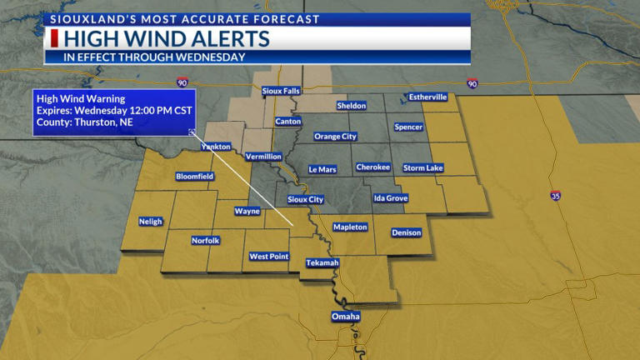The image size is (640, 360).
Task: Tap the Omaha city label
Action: (x=345, y=317)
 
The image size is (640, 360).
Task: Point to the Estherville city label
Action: (x=427, y=97)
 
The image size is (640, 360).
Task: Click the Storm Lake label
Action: (x=422, y=167)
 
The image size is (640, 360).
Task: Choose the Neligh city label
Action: (x=151, y=221)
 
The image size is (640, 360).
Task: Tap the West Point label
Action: (x=268, y=256)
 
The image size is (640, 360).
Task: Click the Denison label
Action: (x=406, y=232)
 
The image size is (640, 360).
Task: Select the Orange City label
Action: (x=335, y=136)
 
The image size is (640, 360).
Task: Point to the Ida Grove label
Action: (x=390, y=198)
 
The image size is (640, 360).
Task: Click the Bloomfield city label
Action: (x=194, y=177)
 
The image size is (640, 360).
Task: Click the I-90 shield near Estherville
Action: (x=472, y=84)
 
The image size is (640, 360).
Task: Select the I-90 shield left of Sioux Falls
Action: (x=182, y=82)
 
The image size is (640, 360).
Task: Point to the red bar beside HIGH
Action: (x=54, y=39)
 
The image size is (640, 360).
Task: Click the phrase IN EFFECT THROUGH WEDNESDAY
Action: (x=154, y=57)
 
